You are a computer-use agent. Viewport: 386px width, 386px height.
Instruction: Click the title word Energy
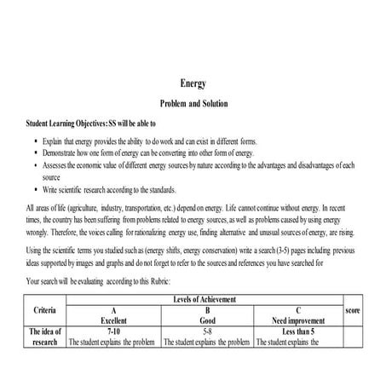tap(193, 84)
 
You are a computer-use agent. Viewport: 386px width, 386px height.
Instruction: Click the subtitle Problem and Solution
tap(193, 104)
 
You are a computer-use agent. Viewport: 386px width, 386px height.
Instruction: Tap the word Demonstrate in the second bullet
tap(65, 153)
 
